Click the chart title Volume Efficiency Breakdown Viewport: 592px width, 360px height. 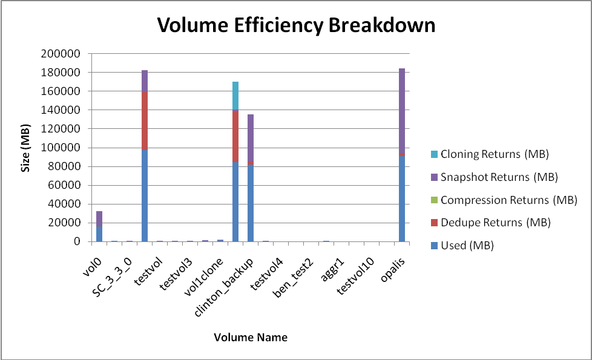pos(296,25)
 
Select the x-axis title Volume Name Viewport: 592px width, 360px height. pos(251,338)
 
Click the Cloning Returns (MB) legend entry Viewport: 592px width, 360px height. pos(495,154)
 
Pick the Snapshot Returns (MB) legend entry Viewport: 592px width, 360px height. pos(499,177)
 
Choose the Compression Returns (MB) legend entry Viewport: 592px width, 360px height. pos(508,200)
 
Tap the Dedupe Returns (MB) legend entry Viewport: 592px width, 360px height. pos(495,223)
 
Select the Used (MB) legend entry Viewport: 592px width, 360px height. pos(467,246)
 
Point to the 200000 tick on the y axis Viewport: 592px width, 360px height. pos(61,54)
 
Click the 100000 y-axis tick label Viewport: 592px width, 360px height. pos(61,148)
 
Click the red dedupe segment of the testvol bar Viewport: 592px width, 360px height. pos(145,121)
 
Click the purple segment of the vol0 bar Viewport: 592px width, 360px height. pos(99,218)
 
